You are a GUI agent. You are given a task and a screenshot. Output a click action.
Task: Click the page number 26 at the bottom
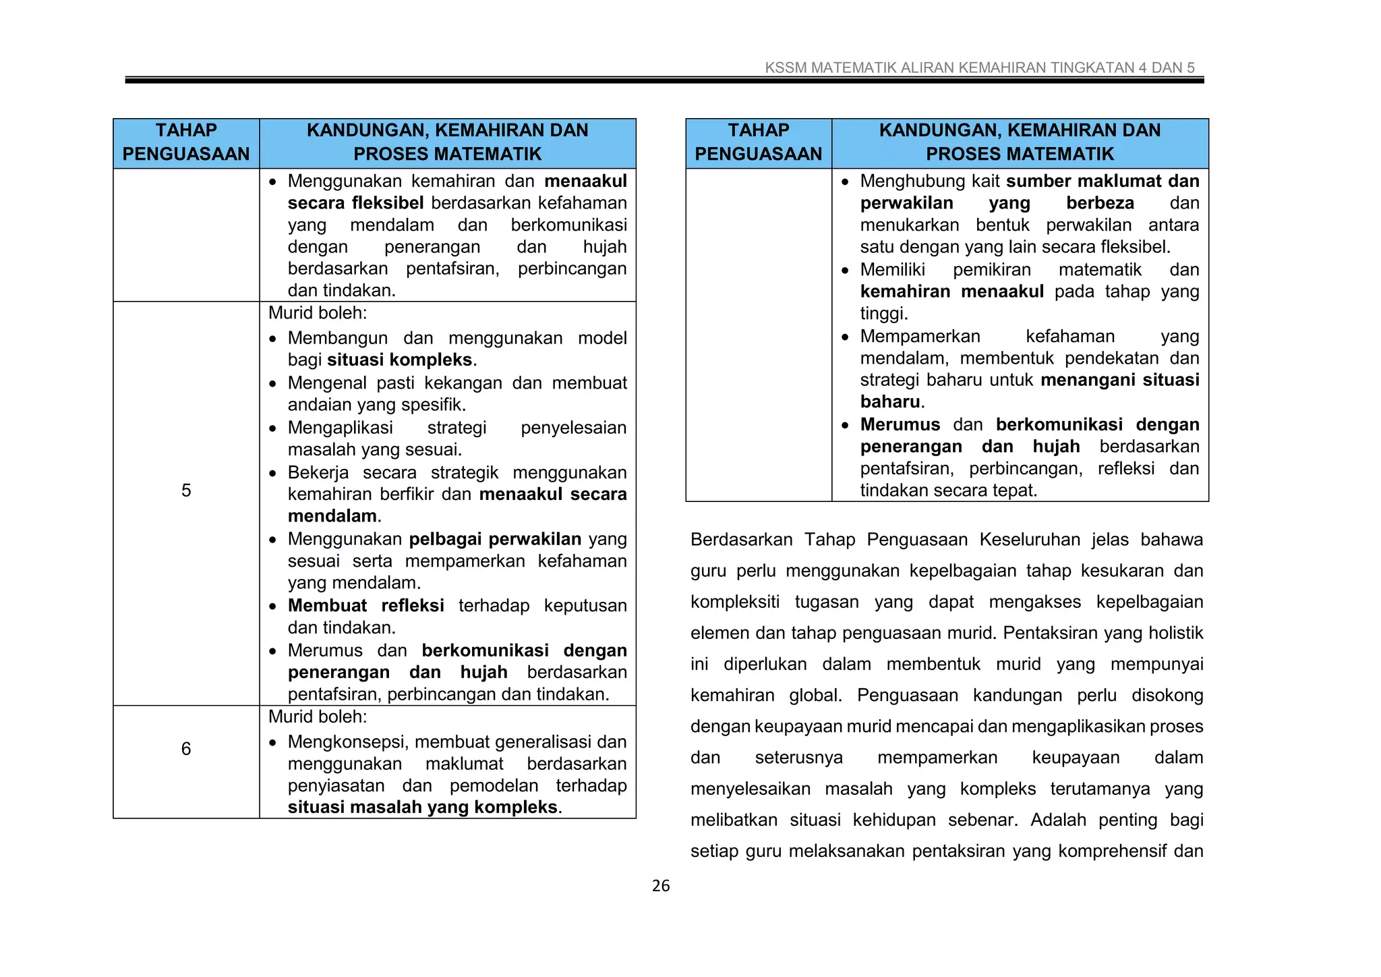click(660, 886)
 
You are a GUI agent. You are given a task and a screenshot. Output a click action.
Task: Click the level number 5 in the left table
click(186, 491)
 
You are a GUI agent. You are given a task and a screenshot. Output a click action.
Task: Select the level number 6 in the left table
click(186, 749)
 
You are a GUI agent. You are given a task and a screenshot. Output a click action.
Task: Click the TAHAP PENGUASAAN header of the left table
click(186, 142)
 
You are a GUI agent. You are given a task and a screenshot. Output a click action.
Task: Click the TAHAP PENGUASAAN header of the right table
click(758, 142)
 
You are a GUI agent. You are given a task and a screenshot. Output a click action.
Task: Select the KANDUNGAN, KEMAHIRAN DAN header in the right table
click(1020, 130)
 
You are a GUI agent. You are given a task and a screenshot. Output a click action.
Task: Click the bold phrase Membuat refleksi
click(365, 605)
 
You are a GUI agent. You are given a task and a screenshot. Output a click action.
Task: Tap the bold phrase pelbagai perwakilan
click(495, 539)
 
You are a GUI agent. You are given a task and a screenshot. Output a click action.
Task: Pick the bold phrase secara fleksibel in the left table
click(355, 203)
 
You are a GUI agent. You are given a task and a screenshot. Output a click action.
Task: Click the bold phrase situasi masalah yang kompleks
click(422, 808)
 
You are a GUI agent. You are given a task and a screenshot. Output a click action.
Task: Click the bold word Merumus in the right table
click(900, 424)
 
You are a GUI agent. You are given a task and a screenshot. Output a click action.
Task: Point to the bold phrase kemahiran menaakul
click(951, 291)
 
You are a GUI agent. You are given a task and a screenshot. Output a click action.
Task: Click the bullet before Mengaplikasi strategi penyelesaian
click(272, 428)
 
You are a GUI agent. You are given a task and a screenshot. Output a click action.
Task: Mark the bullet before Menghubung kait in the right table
click(845, 182)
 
